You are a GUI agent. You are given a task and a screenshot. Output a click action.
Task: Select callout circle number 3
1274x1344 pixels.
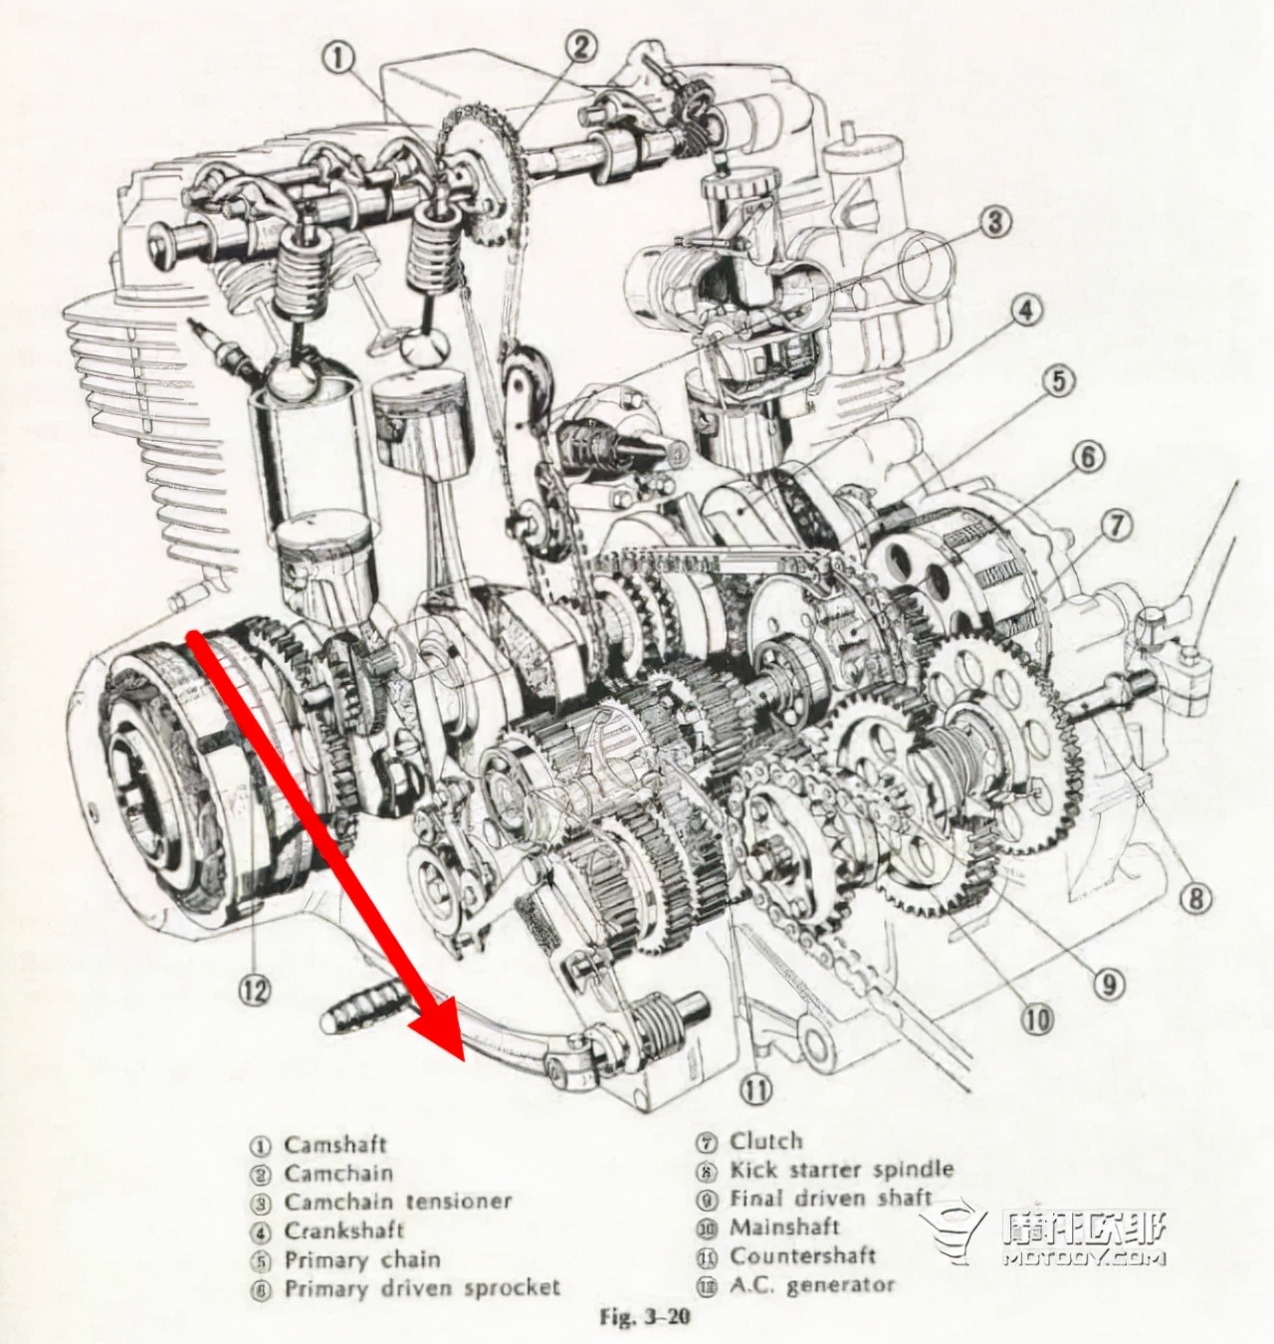click(994, 221)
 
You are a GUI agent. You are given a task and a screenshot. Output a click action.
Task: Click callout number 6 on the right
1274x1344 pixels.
click(1088, 457)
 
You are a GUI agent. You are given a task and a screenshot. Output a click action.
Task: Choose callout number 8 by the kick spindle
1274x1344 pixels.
click(1195, 899)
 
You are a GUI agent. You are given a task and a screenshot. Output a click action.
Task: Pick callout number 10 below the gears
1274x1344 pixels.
click(1036, 1018)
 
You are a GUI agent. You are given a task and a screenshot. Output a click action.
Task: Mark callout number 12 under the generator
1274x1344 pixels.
click(255, 989)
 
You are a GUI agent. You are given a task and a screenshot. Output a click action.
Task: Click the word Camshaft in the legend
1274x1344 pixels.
click(334, 1145)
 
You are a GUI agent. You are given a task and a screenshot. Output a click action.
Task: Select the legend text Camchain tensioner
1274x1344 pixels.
click(397, 1202)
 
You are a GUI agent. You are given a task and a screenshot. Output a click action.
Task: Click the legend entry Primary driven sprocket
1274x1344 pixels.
click(422, 1288)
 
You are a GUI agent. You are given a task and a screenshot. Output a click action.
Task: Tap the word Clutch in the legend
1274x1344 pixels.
click(765, 1142)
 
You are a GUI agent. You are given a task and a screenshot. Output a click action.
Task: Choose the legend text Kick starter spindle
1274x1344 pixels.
click(841, 1170)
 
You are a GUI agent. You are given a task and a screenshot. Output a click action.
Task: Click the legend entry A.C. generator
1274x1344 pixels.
click(812, 1285)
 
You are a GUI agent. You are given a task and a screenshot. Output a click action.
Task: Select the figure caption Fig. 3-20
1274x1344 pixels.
click(644, 1318)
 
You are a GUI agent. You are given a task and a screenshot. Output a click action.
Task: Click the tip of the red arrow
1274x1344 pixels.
click(464, 1057)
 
